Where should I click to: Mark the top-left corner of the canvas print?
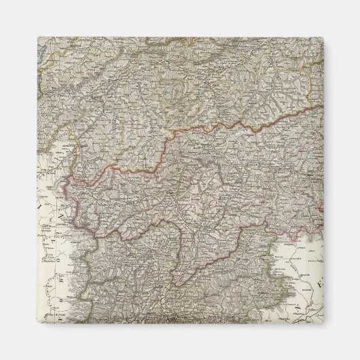37,37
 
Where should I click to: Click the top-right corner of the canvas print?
323,37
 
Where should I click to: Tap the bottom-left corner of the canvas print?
37,323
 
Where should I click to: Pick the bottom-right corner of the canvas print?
323,323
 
